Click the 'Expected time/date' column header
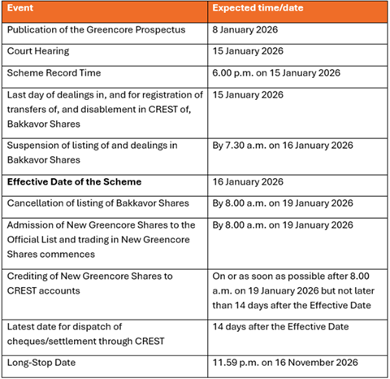[255, 9]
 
